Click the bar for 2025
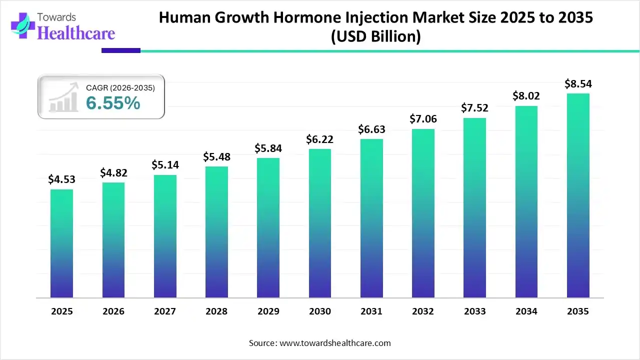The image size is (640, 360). coord(61,243)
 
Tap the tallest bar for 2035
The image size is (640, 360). coord(578,195)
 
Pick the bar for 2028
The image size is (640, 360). coord(216,232)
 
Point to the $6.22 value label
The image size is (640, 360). coord(319,139)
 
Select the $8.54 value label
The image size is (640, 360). coord(578,83)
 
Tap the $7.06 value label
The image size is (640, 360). coord(422,119)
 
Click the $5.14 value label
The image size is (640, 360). coord(164,165)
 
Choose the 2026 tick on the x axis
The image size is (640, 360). coord(113,311)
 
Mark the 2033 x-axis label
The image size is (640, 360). coord(474,311)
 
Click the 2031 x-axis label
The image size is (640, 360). coord(371,311)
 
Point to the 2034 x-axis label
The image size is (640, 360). coord(526,311)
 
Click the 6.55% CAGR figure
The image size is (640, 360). coord(113,103)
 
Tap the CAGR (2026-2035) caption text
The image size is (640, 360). coord(120,87)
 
